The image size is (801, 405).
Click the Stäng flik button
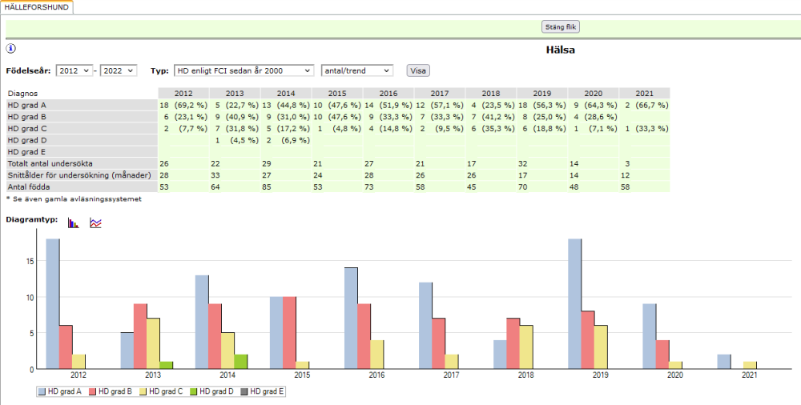(561, 26)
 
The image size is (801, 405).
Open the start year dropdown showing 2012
(74, 70)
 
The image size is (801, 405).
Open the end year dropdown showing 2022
(119, 70)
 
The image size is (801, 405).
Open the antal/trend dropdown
(356, 70)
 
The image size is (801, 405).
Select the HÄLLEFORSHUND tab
(37, 6)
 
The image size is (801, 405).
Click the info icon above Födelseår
(11, 49)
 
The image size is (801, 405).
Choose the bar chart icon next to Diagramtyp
(74, 223)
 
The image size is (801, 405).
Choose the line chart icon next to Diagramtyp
(95, 223)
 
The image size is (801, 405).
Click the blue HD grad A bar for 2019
(574, 304)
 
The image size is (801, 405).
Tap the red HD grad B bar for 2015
(289, 332)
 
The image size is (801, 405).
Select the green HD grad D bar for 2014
(240, 361)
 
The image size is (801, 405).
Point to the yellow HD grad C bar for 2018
(526, 347)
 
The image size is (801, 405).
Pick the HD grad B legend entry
(115, 391)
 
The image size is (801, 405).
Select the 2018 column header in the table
(491, 94)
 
